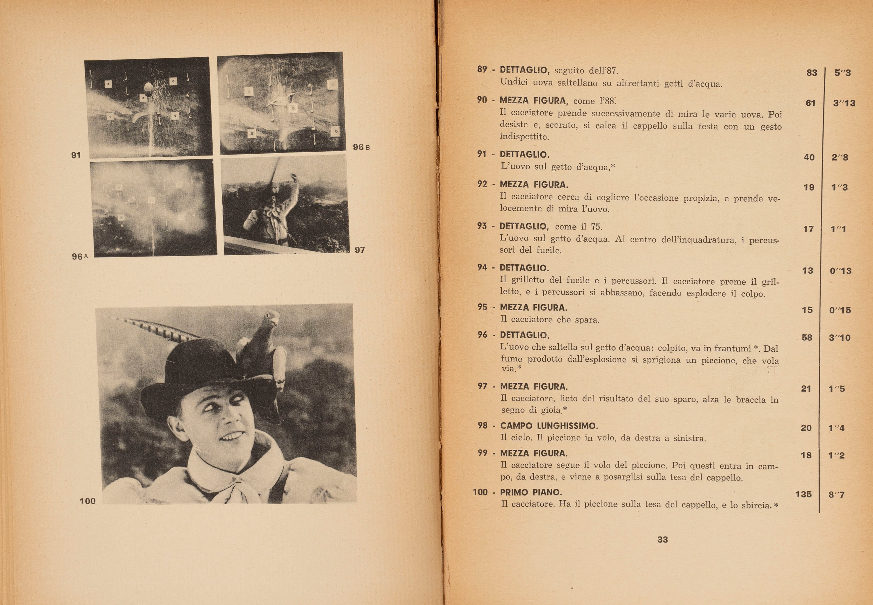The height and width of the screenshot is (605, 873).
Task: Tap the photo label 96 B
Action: point(361,147)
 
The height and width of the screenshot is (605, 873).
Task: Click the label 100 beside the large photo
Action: point(87,501)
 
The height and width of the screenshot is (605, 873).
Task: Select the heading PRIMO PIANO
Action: point(531,492)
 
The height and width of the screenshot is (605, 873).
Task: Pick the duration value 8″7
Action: point(837,495)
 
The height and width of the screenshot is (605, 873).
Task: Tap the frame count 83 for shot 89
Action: point(812,72)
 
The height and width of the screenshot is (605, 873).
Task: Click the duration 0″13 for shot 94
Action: point(840,271)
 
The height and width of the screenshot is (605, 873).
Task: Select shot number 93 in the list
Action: point(482,226)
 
